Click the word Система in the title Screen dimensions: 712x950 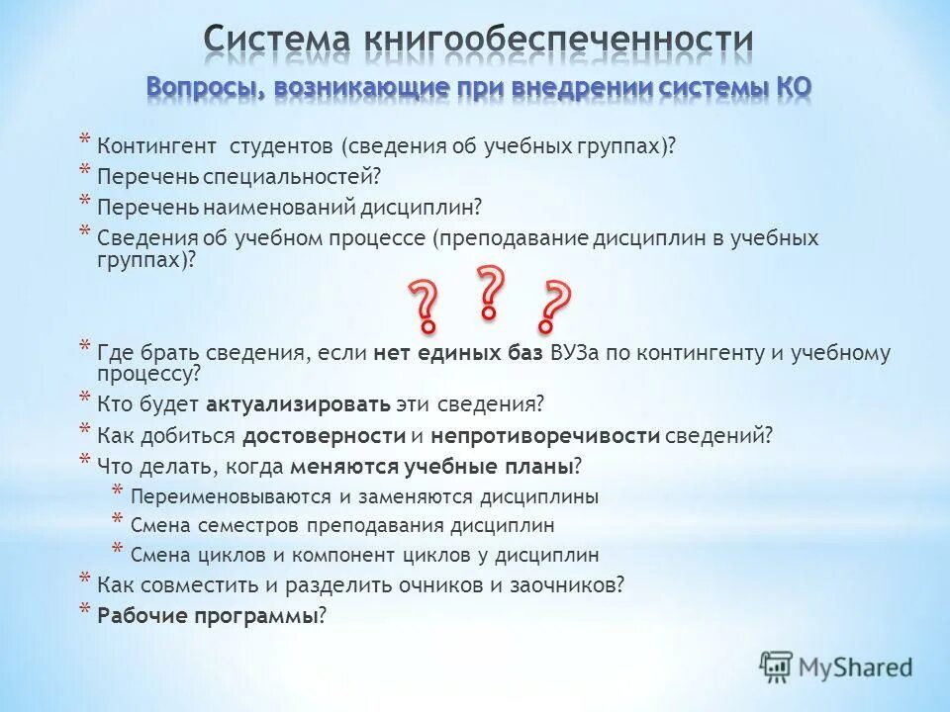click(x=278, y=41)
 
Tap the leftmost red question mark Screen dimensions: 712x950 click(x=425, y=304)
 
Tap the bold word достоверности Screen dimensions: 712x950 click(x=325, y=435)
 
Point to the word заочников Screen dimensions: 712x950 click(x=573, y=584)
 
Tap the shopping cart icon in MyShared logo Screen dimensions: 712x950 click(x=777, y=667)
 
